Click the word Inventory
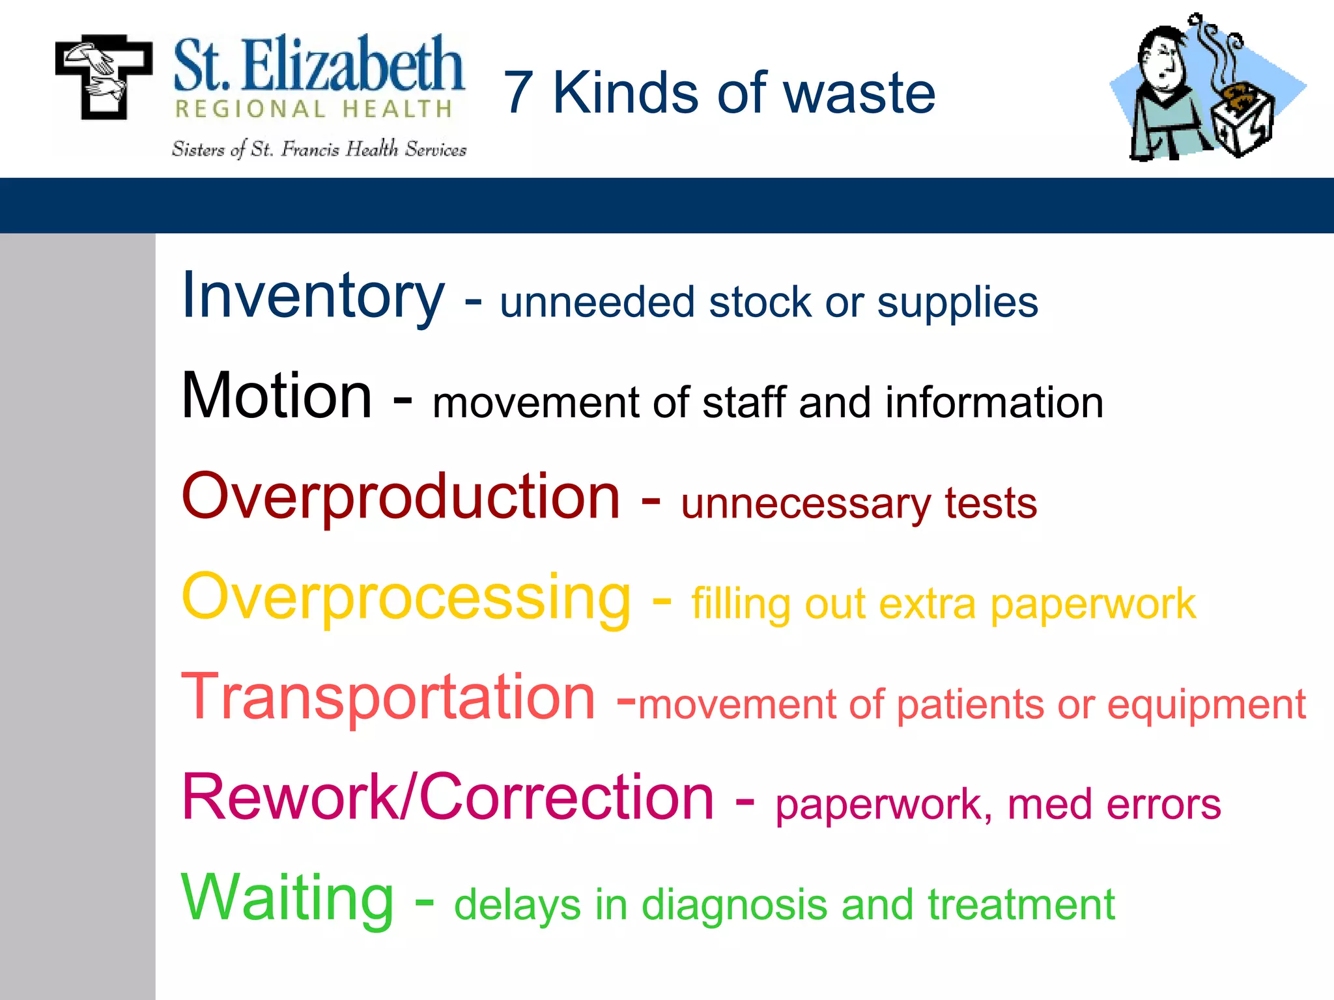click(x=313, y=296)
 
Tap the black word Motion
click(x=277, y=396)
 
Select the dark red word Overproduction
click(x=401, y=497)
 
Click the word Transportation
click(x=388, y=698)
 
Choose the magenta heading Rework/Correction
click(x=448, y=798)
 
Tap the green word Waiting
click(x=287, y=898)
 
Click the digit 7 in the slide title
click(x=518, y=93)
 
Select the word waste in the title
click(x=859, y=93)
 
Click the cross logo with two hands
click(x=103, y=77)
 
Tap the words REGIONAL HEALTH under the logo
click(x=314, y=109)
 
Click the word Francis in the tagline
click(x=310, y=150)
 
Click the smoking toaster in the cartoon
click(x=1241, y=120)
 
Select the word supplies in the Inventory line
click(x=957, y=303)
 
